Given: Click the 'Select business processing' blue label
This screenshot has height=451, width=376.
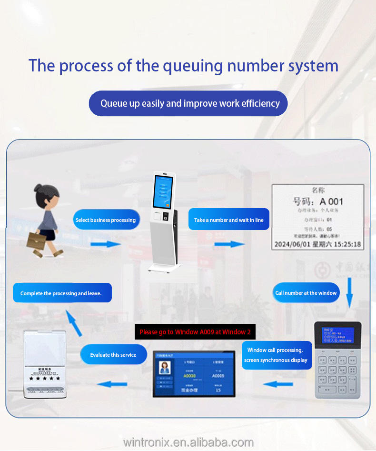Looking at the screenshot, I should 106,220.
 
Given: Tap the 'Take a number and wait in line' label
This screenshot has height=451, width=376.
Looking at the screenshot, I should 228,220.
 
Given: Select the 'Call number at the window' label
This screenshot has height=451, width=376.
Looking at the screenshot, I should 306,293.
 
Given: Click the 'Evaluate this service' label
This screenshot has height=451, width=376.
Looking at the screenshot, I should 113,355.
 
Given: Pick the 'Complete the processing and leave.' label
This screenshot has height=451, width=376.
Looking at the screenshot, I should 61,293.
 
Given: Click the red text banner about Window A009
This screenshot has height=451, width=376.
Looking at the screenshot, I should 195,331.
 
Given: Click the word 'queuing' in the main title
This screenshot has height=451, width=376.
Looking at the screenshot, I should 193,66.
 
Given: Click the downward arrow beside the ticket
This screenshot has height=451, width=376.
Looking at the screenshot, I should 349,291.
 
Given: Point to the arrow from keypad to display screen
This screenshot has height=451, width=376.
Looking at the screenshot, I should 278,384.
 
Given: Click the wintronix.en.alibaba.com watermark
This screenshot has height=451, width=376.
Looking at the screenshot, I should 188,442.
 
